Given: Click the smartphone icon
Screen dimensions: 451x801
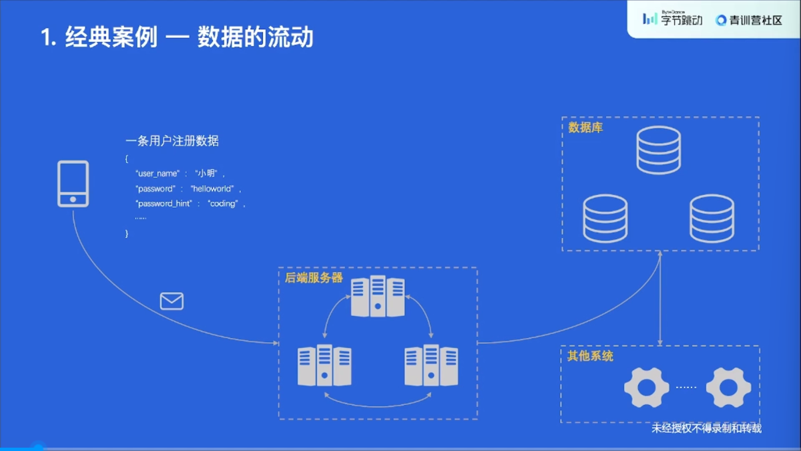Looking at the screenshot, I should pos(73,184).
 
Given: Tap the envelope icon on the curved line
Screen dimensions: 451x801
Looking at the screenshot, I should pos(172,301).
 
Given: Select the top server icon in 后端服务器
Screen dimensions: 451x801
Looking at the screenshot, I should pos(378,296).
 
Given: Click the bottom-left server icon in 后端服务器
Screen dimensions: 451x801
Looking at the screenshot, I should pos(324,365).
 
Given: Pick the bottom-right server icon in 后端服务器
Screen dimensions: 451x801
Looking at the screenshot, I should pos(431,365).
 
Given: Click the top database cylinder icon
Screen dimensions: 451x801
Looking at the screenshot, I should pos(658,150).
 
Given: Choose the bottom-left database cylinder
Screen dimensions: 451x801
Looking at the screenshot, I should pos(605,218).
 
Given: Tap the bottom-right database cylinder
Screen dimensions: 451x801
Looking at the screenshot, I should pos(712,218).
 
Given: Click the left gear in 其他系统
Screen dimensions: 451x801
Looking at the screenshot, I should pos(646,388).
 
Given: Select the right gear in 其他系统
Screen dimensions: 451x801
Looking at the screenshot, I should pos(728,388).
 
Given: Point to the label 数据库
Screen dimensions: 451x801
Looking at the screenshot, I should pos(585,128).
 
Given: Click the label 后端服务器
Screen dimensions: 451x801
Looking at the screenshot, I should pos(314,278).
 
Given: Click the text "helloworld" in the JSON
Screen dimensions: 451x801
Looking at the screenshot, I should pos(212,188).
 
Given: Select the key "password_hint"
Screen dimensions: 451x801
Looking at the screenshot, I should pos(164,203).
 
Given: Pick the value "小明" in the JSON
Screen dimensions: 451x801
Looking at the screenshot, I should pos(206,174).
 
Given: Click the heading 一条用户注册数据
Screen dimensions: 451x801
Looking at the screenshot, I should pos(172,142).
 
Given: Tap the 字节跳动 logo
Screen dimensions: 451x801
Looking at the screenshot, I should pos(673,19).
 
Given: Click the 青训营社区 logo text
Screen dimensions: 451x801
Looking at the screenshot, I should pos(749,20).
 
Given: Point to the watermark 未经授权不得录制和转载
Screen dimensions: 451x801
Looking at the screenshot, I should pos(706,428).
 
